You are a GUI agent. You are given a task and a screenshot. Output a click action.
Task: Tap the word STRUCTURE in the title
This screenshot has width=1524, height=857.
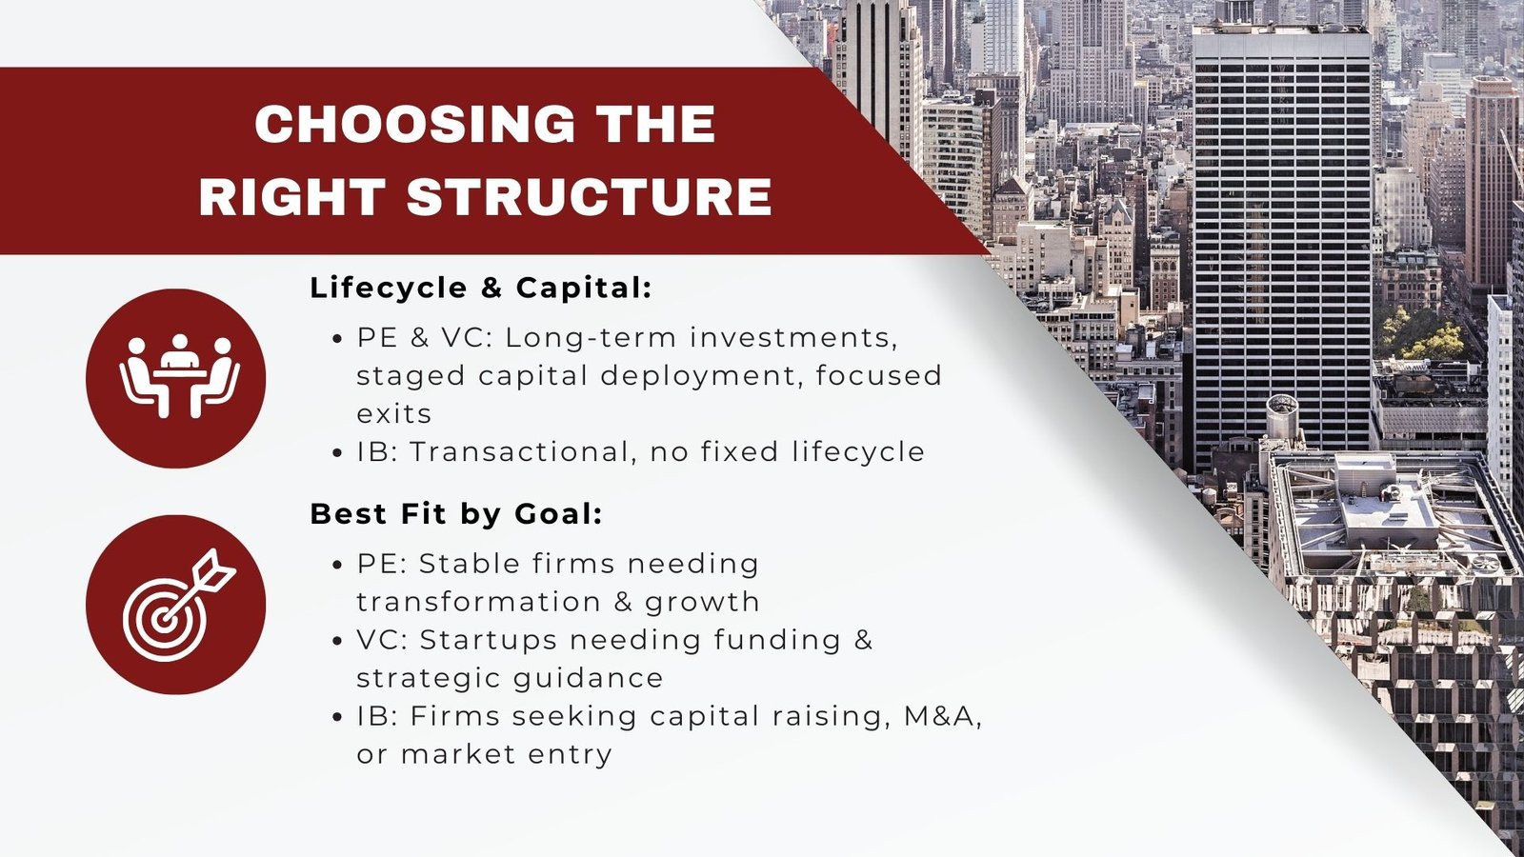[590, 196]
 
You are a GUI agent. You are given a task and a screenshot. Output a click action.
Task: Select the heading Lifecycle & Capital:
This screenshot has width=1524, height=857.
[481, 289]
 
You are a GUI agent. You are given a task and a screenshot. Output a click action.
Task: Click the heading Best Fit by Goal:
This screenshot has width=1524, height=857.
[456, 514]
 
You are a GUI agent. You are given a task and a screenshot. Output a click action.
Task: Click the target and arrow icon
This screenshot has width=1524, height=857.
[178, 605]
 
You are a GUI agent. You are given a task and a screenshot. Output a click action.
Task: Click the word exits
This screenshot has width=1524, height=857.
[394, 414]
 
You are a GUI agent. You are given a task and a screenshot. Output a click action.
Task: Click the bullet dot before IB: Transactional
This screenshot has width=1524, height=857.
[337, 453]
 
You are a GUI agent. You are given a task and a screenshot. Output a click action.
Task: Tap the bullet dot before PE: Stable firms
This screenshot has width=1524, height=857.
[337, 566]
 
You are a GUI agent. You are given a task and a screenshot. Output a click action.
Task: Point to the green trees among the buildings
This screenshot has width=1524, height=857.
[1422, 333]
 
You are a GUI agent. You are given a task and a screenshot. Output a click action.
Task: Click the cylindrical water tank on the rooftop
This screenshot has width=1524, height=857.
[1282, 416]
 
